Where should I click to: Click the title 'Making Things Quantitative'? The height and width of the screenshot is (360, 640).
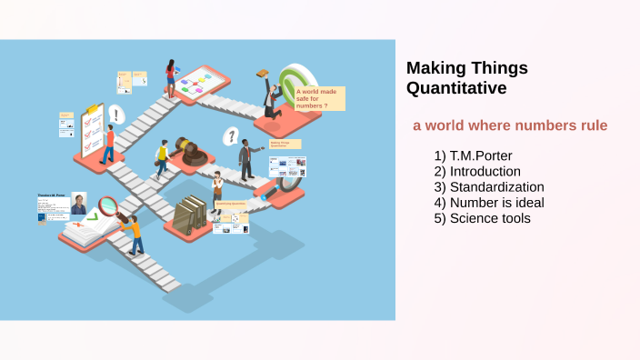coord(466,78)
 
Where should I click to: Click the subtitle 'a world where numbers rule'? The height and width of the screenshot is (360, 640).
coord(509,125)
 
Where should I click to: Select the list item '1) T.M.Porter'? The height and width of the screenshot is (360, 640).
coord(473,155)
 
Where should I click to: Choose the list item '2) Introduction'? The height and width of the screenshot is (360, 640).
coord(477,171)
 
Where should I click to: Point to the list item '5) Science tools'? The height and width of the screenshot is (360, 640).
coord(482,217)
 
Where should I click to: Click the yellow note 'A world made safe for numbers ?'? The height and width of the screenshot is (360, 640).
coord(319,97)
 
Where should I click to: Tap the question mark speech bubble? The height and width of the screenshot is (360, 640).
coord(232,136)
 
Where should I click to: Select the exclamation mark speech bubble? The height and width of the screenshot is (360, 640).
coord(115,115)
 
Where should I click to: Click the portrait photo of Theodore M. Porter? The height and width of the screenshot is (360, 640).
coord(79,205)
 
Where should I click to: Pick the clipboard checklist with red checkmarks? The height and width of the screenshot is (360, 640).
coord(92,130)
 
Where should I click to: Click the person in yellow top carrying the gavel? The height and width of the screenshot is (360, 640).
coord(163,159)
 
